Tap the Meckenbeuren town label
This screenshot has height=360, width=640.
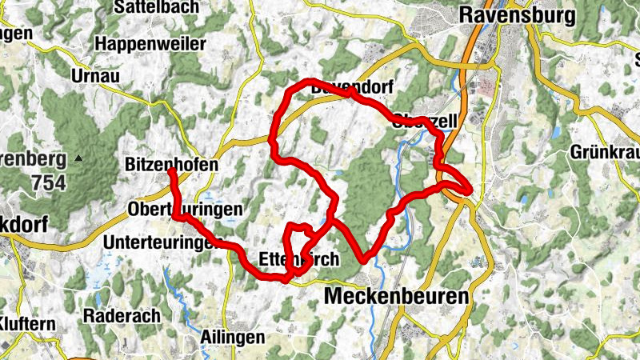coord(396,297)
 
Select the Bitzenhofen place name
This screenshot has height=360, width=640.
coord(172,164)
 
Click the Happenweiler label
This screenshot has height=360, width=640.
coord(149,44)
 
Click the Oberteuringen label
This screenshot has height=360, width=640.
coord(185,210)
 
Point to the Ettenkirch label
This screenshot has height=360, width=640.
coord(300,259)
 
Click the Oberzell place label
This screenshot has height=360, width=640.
coord(424,122)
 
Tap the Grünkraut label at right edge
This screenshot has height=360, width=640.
coord(605,152)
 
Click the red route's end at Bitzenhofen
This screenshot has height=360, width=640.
coord(171,170)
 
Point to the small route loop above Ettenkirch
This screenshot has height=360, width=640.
coord(298,240)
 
